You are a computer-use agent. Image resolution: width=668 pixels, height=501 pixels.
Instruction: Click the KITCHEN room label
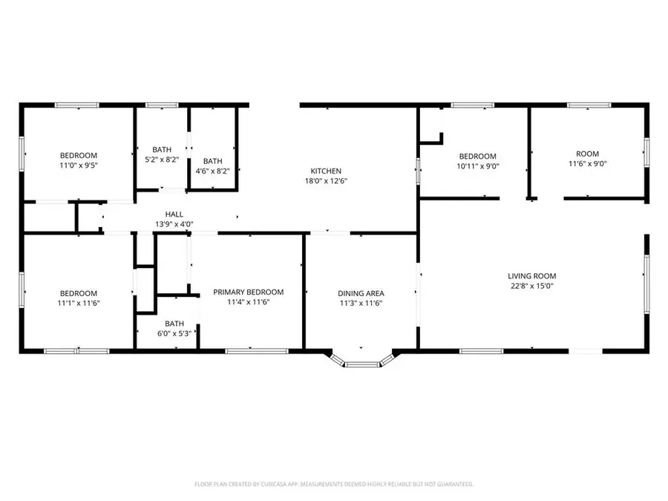[x=325, y=171]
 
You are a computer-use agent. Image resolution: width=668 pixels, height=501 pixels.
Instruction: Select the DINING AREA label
[x=361, y=293]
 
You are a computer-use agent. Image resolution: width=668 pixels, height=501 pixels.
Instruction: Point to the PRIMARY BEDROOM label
[x=248, y=292]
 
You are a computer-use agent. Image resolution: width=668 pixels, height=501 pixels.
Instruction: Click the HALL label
[x=174, y=215]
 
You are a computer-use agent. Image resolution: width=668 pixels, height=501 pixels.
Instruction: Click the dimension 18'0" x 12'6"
[x=325, y=180]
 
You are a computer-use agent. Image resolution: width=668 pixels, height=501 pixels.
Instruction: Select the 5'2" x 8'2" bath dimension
[x=162, y=159]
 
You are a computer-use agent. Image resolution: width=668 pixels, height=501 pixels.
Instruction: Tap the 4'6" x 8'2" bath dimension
[x=212, y=171]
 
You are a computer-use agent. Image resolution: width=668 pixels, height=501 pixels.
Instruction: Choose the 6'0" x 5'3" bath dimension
[x=174, y=333]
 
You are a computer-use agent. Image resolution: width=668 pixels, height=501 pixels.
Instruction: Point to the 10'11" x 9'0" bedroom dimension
[x=477, y=166]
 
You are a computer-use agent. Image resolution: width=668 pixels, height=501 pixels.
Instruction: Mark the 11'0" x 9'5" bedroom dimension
[x=79, y=166]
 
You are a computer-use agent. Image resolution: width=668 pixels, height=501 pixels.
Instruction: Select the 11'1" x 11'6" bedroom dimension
[x=79, y=303]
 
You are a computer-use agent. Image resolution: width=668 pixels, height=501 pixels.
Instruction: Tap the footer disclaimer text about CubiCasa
[x=334, y=484]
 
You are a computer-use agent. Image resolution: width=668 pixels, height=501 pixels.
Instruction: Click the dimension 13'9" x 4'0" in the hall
[x=174, y=223]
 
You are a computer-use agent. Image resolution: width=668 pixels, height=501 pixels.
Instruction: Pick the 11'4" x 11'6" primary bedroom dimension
[x=248, y=302]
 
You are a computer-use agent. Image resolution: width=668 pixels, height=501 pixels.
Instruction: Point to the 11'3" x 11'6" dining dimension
[x=361, y=303]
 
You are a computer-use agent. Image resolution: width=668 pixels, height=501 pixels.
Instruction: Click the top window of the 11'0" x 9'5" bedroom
[x=77, y=105]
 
